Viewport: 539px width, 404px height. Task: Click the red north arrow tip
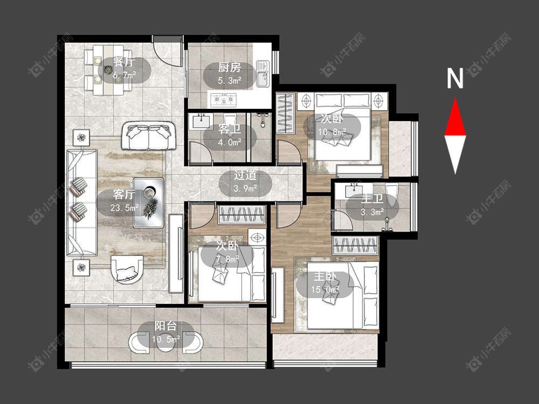click(x=455, y=98)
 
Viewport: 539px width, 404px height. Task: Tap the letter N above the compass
click(x=455, y=78)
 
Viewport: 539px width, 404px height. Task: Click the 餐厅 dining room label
click(x=124, y=62)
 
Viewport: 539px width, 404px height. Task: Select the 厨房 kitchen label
click(x=229, y=68)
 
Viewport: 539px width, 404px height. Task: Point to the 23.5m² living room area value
click(x=125, y=207)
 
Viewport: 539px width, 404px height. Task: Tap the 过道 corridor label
click(x=245, y=176)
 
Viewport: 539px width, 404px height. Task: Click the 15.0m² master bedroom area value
click(x=325, y=290)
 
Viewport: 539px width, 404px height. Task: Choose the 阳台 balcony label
click(x=165, y=326)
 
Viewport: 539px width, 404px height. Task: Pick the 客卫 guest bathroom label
click(x=229, y=129)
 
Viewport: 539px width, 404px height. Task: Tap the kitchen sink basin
click(x=263, y=74)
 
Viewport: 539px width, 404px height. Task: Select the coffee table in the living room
click(x=149, y=203)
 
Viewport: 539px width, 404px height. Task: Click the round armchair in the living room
click(x=127, y=269)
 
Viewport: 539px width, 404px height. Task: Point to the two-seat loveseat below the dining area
click(x=149, y=136)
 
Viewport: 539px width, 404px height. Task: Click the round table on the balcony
click(x=165, y=343)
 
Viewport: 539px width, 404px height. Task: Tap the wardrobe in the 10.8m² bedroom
click(x=285, y=113)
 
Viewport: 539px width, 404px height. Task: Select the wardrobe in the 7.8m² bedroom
click(x=241, y=215)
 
